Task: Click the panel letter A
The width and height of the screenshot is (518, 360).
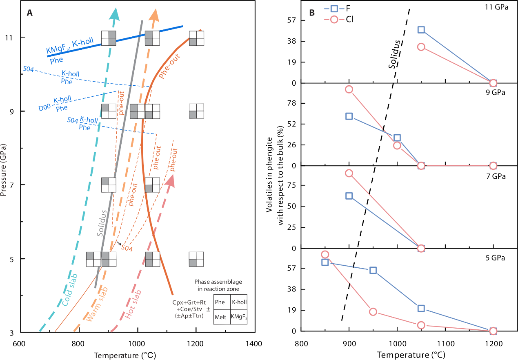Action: click(29, 13)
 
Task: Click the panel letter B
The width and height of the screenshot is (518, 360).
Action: click(312, 13)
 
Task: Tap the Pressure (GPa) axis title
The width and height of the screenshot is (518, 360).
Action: click(4, 170)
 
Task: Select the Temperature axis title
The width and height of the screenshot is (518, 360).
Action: click(116, 356)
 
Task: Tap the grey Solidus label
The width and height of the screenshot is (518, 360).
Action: click(102, 223)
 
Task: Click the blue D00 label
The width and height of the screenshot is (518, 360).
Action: click(44, 108)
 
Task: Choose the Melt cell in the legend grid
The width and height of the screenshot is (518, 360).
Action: click(220, 316)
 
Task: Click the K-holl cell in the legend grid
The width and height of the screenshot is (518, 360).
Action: click(239, 302)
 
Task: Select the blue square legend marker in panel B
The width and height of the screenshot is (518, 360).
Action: click(334, 9)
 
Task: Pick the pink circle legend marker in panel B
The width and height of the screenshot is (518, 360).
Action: click(334, 19)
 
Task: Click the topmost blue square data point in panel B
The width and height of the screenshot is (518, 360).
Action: click(421, 29)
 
